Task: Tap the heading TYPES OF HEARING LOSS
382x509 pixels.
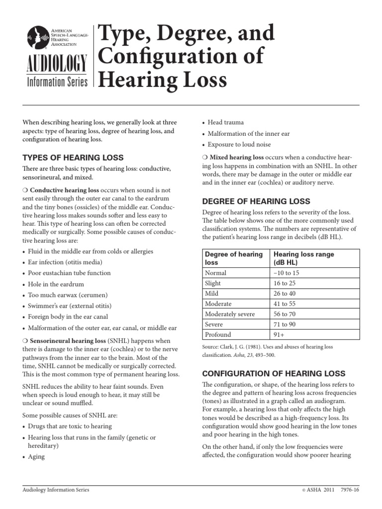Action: coord(73,157)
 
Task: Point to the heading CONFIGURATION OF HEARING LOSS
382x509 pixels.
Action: coord(274,373)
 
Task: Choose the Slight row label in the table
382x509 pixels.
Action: coord(213,283)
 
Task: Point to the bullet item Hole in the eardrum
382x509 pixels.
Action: coord(56,284)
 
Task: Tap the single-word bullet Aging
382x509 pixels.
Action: coord(36,456)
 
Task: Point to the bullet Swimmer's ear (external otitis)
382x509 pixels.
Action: coord(70,306)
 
